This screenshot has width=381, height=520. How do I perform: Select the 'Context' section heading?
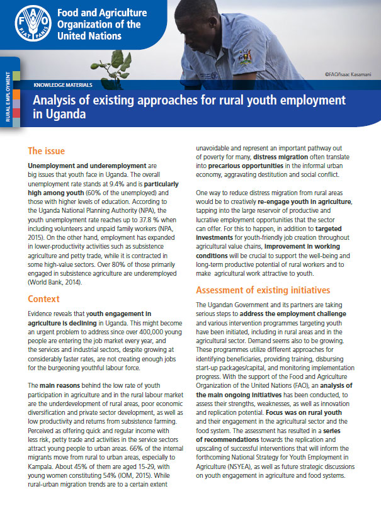click(x=43, y=299)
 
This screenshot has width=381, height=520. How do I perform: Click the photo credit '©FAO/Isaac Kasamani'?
click(x=348, y=74)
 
